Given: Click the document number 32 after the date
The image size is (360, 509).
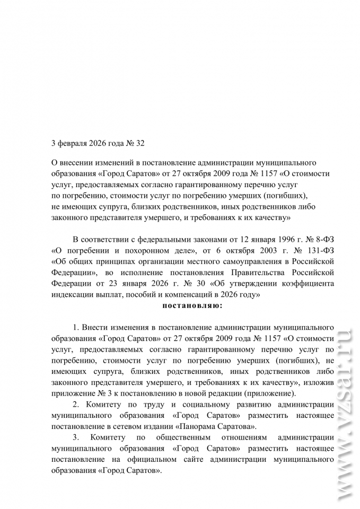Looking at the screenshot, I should click(139, 143).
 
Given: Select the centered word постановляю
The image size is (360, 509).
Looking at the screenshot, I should click(192, 305).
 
